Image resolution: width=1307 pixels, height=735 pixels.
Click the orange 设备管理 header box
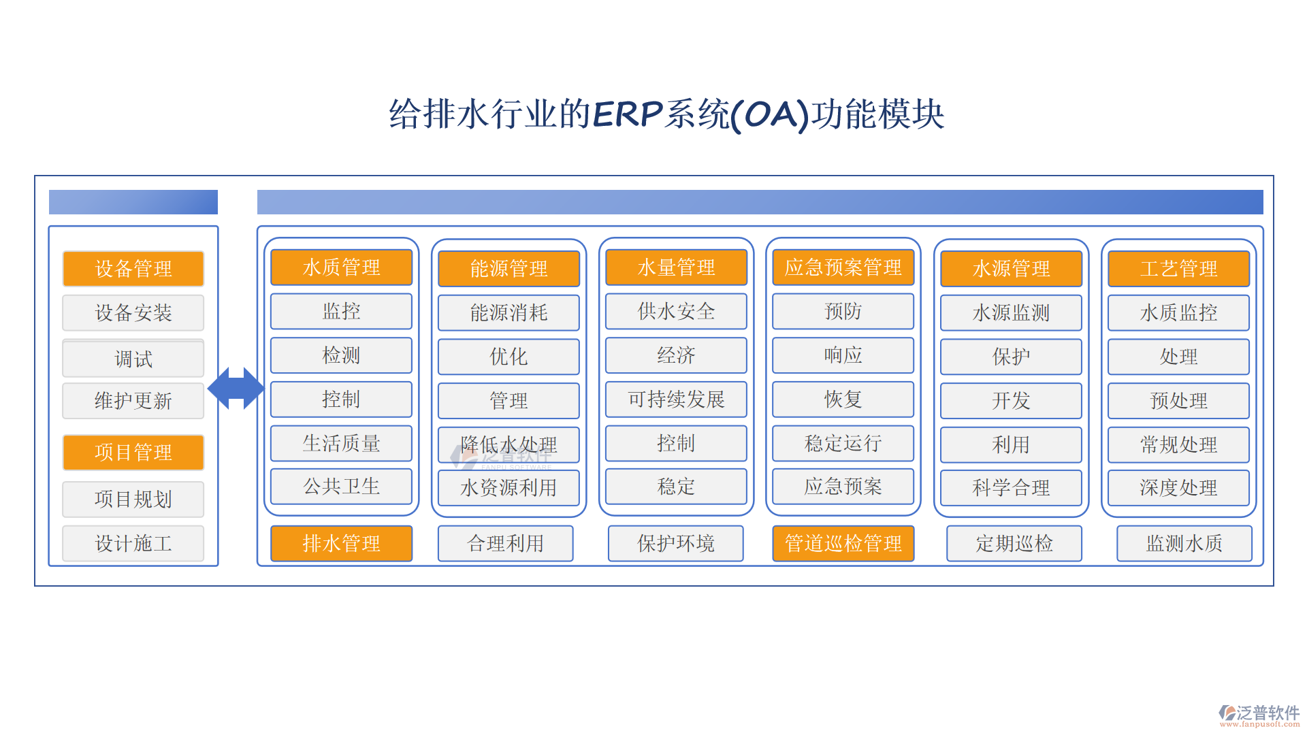point(133,269)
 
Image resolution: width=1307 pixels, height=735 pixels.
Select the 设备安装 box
point(133,313)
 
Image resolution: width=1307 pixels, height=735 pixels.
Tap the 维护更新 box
point(133,401)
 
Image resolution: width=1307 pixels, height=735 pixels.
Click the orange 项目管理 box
point(133,453)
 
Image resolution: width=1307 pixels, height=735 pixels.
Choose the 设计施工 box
point(133,543)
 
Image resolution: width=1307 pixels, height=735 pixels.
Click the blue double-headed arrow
point(236,388)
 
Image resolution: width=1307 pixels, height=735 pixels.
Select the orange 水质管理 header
point(342,267)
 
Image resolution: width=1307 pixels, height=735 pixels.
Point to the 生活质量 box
point(342,444)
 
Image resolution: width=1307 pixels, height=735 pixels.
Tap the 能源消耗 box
point(509,313)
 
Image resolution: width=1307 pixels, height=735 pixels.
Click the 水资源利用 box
point(509,488)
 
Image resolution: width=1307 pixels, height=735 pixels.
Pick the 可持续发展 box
point(677,399)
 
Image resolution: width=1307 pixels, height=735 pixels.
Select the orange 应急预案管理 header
point(843,267)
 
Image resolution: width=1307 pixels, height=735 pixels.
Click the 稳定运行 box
point(843,444)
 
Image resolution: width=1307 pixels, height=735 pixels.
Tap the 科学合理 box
point(1012,488)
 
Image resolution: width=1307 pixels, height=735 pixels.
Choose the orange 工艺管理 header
point(1179,269)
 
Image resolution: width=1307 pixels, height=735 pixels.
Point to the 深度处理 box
point(1179,488)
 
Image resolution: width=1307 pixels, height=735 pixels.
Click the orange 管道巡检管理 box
point(843,543)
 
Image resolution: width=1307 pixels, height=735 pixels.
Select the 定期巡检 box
point(1014,543)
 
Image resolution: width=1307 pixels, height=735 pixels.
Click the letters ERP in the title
point(628,114)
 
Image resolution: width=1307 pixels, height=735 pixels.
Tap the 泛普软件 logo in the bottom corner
point(1259,715)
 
